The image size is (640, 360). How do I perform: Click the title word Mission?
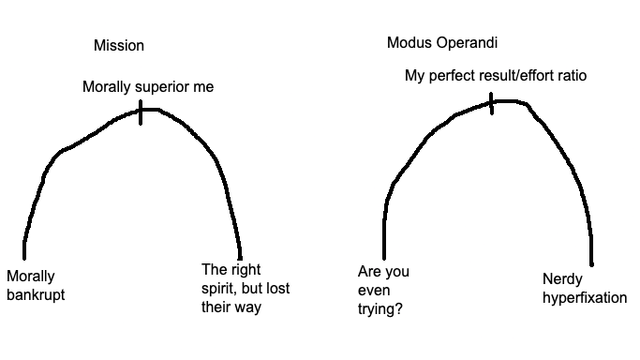coord(119,45)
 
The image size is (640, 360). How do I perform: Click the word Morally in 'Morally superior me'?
coord(107,87)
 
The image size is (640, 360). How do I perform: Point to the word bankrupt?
coord(36,294)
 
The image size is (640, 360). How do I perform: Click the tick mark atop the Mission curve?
coord(141,112)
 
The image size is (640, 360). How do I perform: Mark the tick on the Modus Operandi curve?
coord(491,104)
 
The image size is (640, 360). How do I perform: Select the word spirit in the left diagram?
coord(216,289)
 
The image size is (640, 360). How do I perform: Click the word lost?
coord(278,288)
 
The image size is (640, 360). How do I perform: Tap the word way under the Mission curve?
coord(248,307)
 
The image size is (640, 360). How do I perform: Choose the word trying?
coord(380,309)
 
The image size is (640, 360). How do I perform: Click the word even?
coord(374,291)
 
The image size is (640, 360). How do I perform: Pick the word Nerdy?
coord(562,279)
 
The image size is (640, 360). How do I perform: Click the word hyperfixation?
coord(585,297)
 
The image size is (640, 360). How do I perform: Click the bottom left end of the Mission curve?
coord(24,258)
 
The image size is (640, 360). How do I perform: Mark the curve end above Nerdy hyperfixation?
coord(592,264)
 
